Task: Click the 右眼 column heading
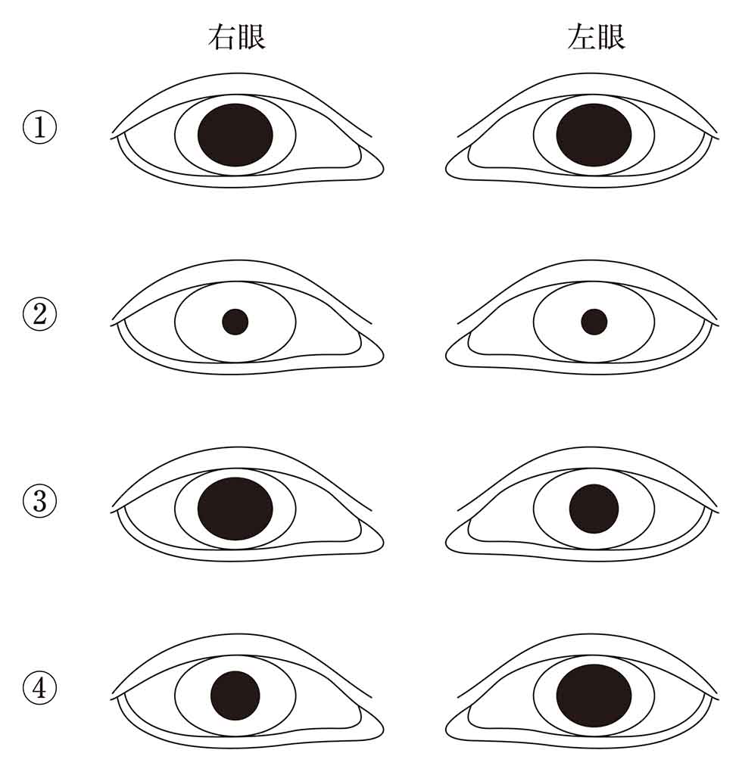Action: [237, 37]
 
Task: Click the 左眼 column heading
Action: [596, 37]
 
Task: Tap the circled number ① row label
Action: [39, 128]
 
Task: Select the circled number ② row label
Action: [39, 315]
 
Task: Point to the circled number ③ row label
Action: [39, 503]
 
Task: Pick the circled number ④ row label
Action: [39, 689]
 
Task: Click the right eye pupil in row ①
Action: [235, 135]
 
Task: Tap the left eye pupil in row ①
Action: [594, 135]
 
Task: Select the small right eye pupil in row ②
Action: [235, 322]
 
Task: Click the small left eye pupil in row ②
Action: [594, 322]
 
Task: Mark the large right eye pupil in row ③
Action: [235, 509]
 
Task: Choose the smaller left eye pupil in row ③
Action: [594, 509]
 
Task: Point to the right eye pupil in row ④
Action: [235, 696]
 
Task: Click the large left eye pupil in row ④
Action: [594, 696]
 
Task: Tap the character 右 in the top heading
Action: [222, 37]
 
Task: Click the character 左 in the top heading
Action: [581, 37]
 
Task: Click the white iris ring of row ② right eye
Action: [197, 322]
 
